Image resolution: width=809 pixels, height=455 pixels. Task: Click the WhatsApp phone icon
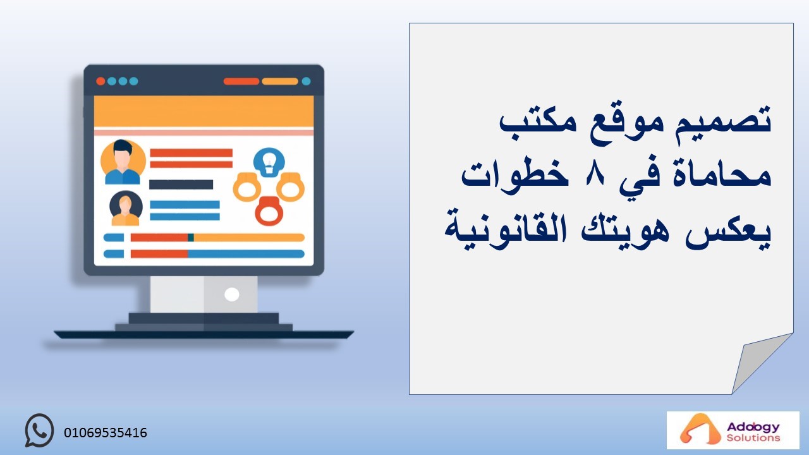pyautogui.click(x=39, y=430)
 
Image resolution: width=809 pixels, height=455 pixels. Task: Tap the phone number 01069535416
pyautogui.click(x=106, y=433)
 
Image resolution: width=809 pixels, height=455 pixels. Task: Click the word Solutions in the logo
pyautogui.click(x=753, y=438)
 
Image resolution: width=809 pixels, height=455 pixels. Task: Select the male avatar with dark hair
pyautogui.click(x=123, y=162)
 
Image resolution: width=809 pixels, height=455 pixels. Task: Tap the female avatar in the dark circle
pyautogui.click(x=126, y=209)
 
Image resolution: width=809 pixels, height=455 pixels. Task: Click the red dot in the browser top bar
pyautogui.click(x=100, y=82)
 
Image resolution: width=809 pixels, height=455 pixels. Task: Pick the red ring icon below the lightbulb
pyautogui.click(x=269, y=211)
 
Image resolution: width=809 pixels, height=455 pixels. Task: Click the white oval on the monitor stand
pyautogui.click(x=231, y=294)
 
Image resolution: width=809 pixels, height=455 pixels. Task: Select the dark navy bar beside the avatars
pyautogui.click(x=181, y=185)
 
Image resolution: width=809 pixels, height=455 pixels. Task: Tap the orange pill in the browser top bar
pyautogui.click(x=280, y=82)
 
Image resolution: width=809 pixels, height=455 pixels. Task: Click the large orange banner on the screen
pyautogui.click(x=204, y=111)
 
